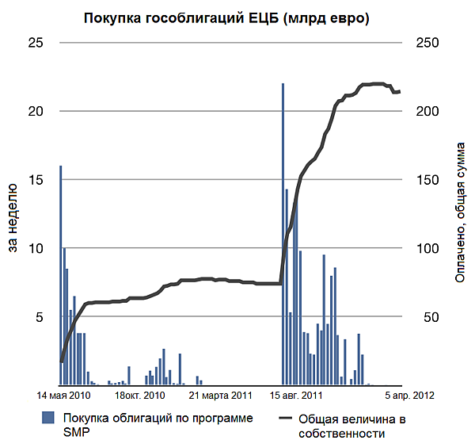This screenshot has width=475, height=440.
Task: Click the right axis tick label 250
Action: tap(427, 43)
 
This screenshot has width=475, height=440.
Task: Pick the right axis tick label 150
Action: tap(427, 180)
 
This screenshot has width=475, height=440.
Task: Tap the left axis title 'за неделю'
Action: tap(13, 218)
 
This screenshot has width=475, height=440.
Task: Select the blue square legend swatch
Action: tap(48, 418)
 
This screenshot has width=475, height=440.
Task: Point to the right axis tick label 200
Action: tap(427, 111)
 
